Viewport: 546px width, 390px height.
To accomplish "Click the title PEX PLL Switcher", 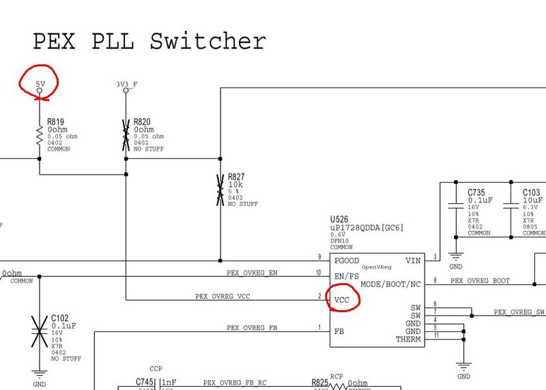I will pyautogui.click(x=149, y=42).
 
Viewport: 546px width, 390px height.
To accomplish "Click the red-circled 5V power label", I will pyautogui.click(x=40, y=84).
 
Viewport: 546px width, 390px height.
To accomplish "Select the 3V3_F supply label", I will pyautogui.click(x=126, y=85).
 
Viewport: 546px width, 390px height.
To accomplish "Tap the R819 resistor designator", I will pyautogui.click(x=55, y=122).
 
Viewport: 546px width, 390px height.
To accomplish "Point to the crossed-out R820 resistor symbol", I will pyautogui.click(x=126, y=135).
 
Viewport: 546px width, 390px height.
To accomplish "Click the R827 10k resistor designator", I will pyautogui.click(x=236, y=177).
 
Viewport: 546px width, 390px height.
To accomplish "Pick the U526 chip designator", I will pyautogui.click(x=340, y=222).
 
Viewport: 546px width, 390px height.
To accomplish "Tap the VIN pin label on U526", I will pyautogui.click(x=413, y=260).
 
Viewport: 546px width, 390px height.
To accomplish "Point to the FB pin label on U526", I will pyautogui.click(x=339, y=331).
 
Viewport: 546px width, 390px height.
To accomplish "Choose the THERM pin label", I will pyautogui.click(x=408, y=340).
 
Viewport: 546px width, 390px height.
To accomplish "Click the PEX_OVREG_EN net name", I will pyautogui.click(x=252, y=273).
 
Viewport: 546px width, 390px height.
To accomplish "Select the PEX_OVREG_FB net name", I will pyautogui.click(x=252, y=328).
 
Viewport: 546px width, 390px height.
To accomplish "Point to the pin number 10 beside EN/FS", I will pyautogui.click(x=318, y=273).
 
